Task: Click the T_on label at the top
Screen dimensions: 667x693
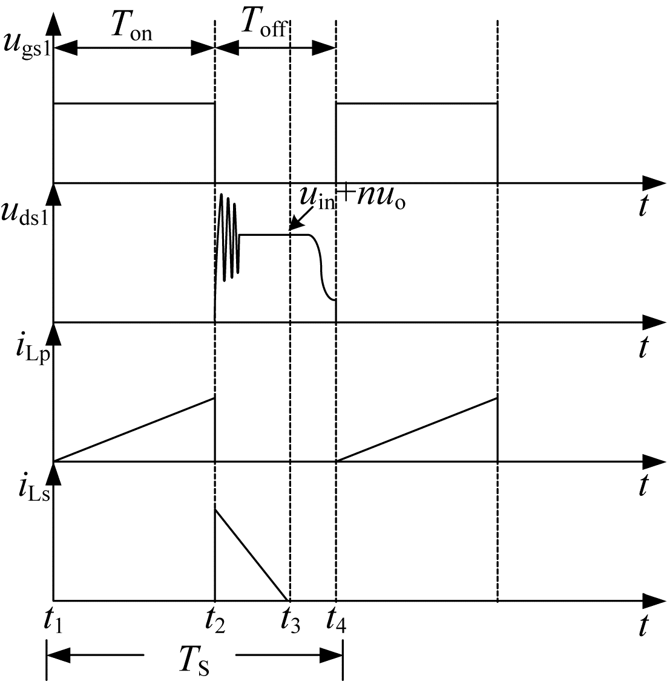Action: tap(132, 26)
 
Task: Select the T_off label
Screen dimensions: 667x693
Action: tap(264, 23)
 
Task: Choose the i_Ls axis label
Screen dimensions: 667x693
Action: tap(34, 489)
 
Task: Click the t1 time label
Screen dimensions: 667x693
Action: tap(53, 621)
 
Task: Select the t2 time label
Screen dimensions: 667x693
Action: tap(214, 621)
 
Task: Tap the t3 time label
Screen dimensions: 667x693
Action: tap(290, 621)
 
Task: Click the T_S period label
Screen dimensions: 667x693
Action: tap(194, 660)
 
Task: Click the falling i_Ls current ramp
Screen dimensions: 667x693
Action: tap(252, 555)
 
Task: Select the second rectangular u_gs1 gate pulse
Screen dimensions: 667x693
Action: tap(416, 104)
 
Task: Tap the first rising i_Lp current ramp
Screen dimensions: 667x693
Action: tap(134, 430)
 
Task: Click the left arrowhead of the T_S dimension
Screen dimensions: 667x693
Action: tap(58, 655)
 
